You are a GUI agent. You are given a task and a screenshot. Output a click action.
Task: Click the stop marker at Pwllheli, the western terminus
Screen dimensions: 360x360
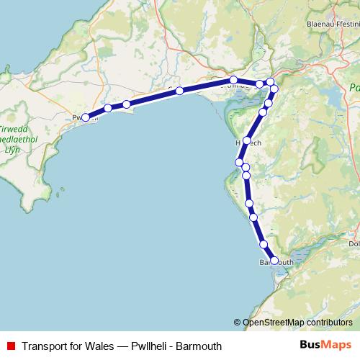(x=86, y=117)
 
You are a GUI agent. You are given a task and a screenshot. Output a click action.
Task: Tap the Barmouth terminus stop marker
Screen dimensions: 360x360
(x=274, y=261)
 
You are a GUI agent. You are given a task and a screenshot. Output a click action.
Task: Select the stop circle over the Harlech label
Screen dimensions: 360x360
(x=247, y=140)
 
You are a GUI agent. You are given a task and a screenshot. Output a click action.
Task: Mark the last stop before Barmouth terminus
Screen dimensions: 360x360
(x=264, y=244)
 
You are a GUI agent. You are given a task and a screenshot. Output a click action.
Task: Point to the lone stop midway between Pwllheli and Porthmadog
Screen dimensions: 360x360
(x=179, y=91)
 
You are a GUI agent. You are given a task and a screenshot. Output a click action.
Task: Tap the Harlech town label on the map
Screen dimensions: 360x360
(x=248, y=143)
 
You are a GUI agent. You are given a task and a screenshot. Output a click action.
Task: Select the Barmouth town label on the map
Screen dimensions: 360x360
(x=276, y=263)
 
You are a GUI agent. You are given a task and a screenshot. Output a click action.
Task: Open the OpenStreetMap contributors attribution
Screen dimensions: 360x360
(x=296, y=322)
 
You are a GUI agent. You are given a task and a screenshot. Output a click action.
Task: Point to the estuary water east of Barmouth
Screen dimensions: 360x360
(x=302, y=253)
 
